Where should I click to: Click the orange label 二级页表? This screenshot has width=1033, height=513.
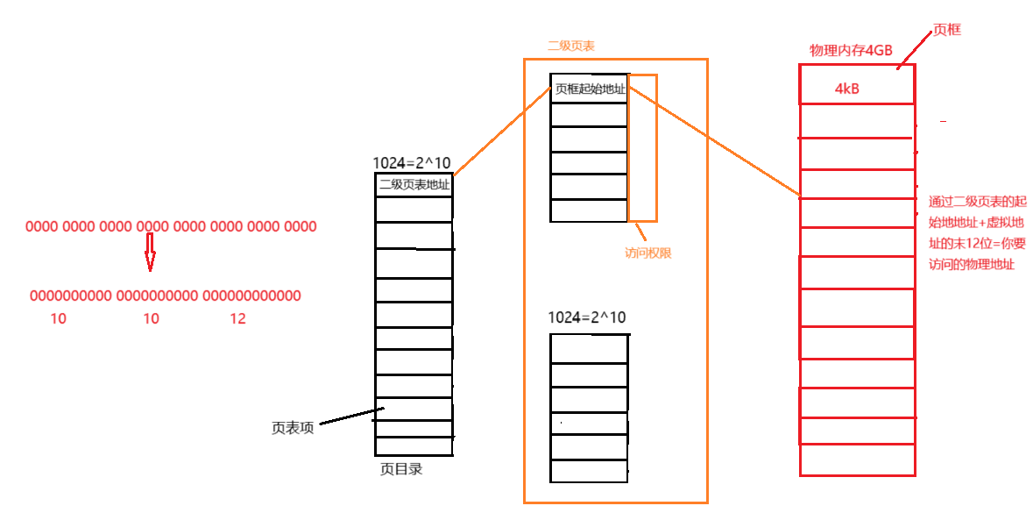coord(571,46)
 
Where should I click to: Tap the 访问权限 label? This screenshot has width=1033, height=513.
coord(647,254)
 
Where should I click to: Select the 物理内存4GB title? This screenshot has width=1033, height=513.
coord(850,52)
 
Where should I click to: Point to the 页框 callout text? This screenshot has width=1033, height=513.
coord(946,31)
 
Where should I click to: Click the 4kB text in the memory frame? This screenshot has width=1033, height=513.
coord(847,89)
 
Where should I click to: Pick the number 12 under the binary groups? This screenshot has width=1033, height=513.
coord(237,319)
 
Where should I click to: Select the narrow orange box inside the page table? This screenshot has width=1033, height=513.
coord(642,147)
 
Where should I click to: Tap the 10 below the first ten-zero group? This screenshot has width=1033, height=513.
coord(58,319)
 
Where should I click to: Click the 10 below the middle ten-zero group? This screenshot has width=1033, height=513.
coord(151,319)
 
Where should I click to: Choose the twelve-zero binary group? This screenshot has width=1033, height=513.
coord(251,296)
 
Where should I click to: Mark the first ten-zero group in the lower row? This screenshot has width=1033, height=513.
coord(71,296)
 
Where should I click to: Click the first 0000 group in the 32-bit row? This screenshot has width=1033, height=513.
coord(41,227)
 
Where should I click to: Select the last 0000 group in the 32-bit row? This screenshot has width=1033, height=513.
coord(301,227)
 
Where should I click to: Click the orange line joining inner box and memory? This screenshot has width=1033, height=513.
coord(714,141)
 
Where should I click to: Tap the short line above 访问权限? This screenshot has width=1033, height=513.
coord(641,232)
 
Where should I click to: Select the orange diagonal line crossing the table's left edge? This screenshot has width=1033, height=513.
coord(502,132)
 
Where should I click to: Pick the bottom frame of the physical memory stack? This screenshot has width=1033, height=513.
coord(857,460)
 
